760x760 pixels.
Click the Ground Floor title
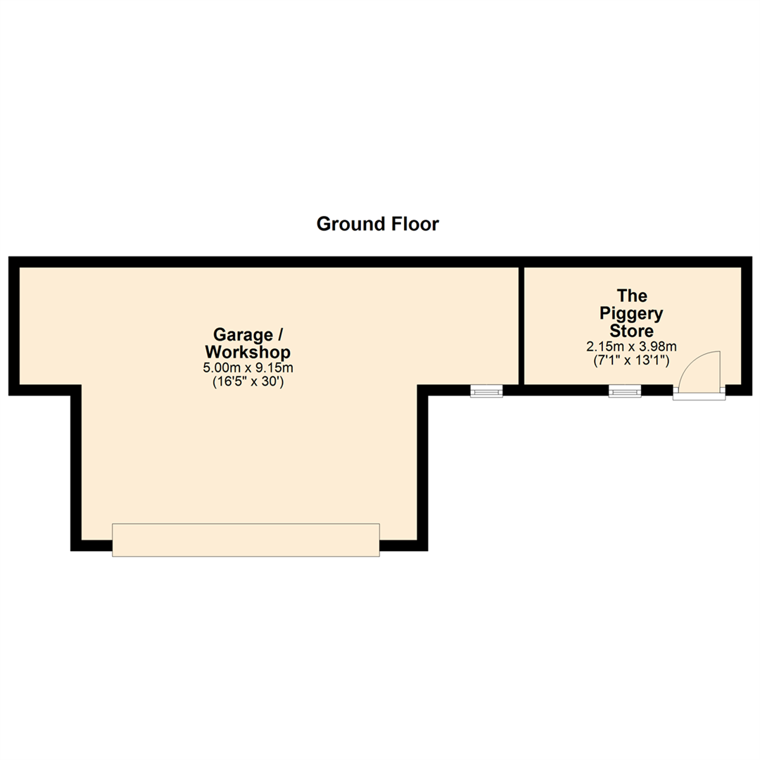click(x=378, y=224)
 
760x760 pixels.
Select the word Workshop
click(x=248, y=351)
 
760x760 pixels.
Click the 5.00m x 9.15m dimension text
click(x=248, y=368)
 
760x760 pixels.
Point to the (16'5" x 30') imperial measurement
click(x=248, y=383)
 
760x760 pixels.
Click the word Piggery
click(x=631, y=312)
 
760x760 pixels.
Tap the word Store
click(x=631, y=330)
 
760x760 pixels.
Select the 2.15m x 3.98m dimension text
click(x=631, y=346)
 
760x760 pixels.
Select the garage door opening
click(x=246, y=540)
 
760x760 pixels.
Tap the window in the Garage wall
click(x=486, y=391)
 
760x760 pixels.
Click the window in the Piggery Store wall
click(x=625, y=391)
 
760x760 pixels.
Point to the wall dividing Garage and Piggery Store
click(x=521, y=326)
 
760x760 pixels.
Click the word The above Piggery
click(x=632, y=296)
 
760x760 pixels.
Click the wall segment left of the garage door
click(x=92, y=545)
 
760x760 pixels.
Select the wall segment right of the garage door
click(x=403, y=545)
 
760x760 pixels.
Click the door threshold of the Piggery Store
click(x=698, y=395)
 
